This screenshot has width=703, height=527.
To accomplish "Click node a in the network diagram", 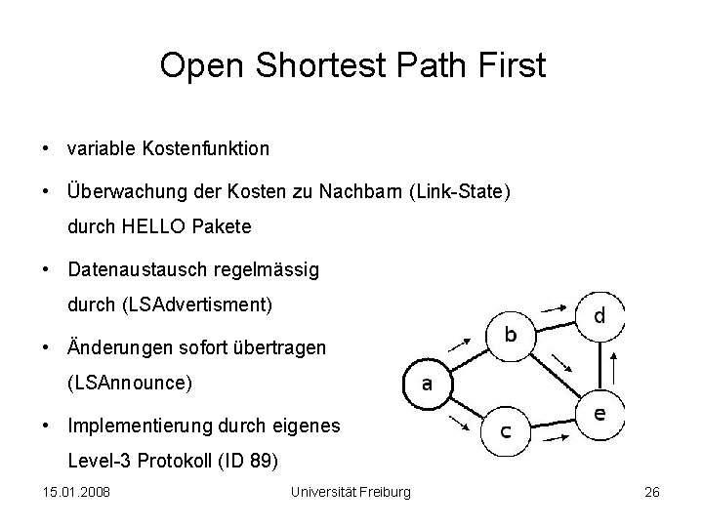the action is tap(426, 384).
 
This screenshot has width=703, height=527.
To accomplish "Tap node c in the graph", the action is tap(510, 431).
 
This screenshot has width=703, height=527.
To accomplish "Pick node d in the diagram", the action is tap(599, 316).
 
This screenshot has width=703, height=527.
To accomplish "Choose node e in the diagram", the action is tap(599, 414).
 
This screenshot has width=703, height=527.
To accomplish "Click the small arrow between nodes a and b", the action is tap(457, 343).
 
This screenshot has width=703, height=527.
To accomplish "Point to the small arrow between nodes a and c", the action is tap(457, 423).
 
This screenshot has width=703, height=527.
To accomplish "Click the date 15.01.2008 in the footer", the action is tap(76, 491).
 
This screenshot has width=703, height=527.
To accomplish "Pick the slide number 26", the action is tap(652, 491).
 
